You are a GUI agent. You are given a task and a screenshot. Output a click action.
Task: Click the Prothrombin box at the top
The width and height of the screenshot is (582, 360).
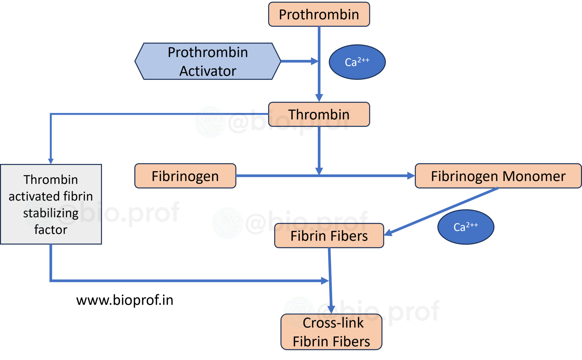(x=319, y=15)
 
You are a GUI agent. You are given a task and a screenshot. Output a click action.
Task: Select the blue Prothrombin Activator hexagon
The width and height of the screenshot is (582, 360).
(x=207, y=61)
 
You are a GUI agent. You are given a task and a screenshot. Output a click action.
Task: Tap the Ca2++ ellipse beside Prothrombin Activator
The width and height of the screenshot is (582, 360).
(x=357, y=62)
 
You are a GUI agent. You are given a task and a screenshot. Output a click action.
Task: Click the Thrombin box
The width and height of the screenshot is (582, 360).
(x=319, y=114)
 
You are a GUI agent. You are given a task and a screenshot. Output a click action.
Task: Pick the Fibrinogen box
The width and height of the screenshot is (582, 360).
(x=185, y=176)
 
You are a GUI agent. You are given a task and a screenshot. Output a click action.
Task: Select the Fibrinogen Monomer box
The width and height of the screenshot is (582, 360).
(x=498, y=176)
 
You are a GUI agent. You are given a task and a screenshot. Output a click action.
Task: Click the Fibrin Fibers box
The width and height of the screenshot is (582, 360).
(x=329, y=236)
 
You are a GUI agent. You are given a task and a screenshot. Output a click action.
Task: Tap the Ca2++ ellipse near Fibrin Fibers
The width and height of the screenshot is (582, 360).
(x=465, y=227)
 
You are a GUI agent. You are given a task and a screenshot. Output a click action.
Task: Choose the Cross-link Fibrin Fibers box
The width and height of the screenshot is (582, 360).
(x=331, y=332)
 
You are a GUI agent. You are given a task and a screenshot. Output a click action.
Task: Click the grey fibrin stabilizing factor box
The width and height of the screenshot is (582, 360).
(x=51, y=204)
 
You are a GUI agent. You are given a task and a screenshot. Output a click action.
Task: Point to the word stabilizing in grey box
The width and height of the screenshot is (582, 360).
(x=51, y=213)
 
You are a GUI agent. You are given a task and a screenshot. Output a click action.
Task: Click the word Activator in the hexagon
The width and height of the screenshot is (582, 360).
(x=207, y=71)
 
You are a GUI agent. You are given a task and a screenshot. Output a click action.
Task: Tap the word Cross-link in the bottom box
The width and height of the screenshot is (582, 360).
(x=333, y=323)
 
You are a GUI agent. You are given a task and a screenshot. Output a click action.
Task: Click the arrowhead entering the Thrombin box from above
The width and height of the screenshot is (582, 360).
(x=319, y=98)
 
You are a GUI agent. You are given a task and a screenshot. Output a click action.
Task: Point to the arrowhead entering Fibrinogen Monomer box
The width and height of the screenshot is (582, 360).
(x=411, y=176)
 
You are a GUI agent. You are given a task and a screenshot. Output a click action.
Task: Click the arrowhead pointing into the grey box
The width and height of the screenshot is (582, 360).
(x=51, y=161)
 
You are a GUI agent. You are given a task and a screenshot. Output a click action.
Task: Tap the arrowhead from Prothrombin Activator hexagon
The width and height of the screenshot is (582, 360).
(x=314, y=61)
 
